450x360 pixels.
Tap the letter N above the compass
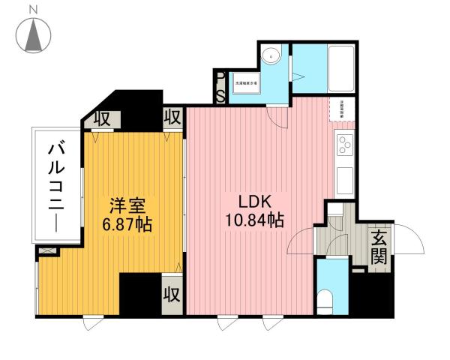33,8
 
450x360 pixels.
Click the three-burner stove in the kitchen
345,142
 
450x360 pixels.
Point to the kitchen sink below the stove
345,180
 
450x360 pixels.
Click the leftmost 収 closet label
100,118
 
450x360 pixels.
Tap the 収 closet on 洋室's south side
172,292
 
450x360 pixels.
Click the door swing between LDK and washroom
275,115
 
